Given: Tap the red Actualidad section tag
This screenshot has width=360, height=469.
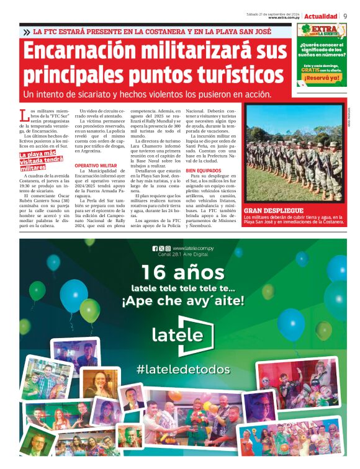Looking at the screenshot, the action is pos(321,16).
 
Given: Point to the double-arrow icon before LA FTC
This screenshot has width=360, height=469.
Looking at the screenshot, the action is pos(26,32).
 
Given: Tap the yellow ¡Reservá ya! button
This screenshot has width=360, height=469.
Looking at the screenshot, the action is pos(322,78).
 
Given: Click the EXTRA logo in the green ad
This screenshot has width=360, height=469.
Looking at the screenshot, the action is pos(321,30).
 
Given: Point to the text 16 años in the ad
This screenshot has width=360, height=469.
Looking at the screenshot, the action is pos(179,272).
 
